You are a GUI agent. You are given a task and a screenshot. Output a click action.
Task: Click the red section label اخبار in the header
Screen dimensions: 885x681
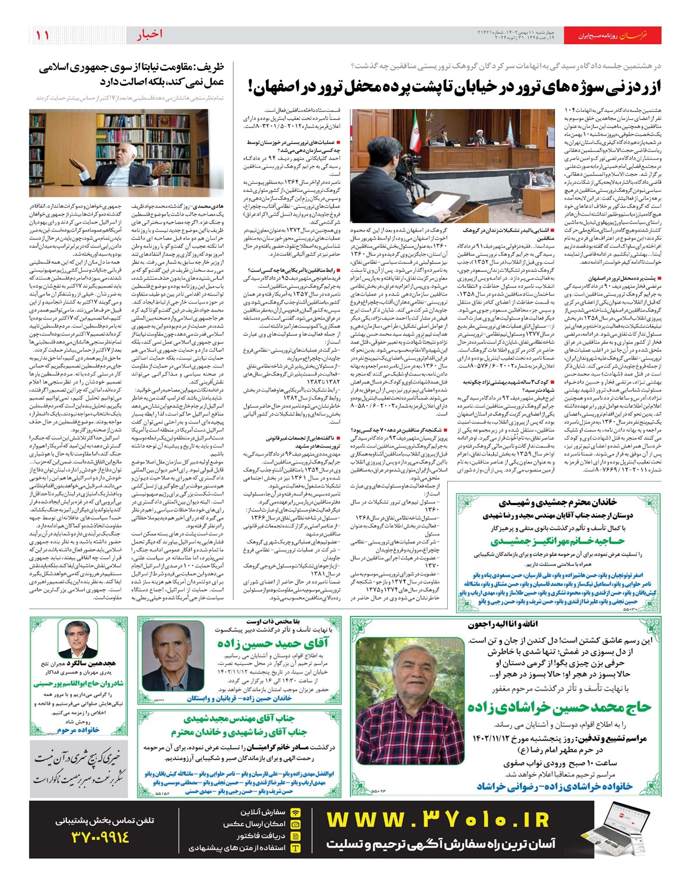pyautogui.click(x=149, y=35)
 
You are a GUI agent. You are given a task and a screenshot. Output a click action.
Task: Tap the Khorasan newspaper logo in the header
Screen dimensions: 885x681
pyautogui.click(x=640, y=36)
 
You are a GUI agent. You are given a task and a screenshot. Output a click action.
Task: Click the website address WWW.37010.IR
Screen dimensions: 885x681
pyautogui.click(x=439, y=820)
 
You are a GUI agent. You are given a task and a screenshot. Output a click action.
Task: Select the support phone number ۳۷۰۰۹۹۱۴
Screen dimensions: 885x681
pyautogui.click(x=101, y=837)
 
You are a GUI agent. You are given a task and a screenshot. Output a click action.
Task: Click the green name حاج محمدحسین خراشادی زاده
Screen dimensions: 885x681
pyautogui.click(x=559, y=707)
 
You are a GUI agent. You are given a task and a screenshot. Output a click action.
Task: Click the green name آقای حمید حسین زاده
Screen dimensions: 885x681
pyautogui.click(x=273, y=643)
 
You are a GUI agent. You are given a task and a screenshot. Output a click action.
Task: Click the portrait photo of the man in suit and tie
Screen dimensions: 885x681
pyautogui.click(x=77, y=639)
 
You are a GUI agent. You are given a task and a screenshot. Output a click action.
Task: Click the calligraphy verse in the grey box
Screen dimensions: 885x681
pyautogui.click(x=78, y=768)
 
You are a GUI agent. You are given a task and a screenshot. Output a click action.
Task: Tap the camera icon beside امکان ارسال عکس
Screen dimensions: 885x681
pyautogui.click(x=296, y=824)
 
